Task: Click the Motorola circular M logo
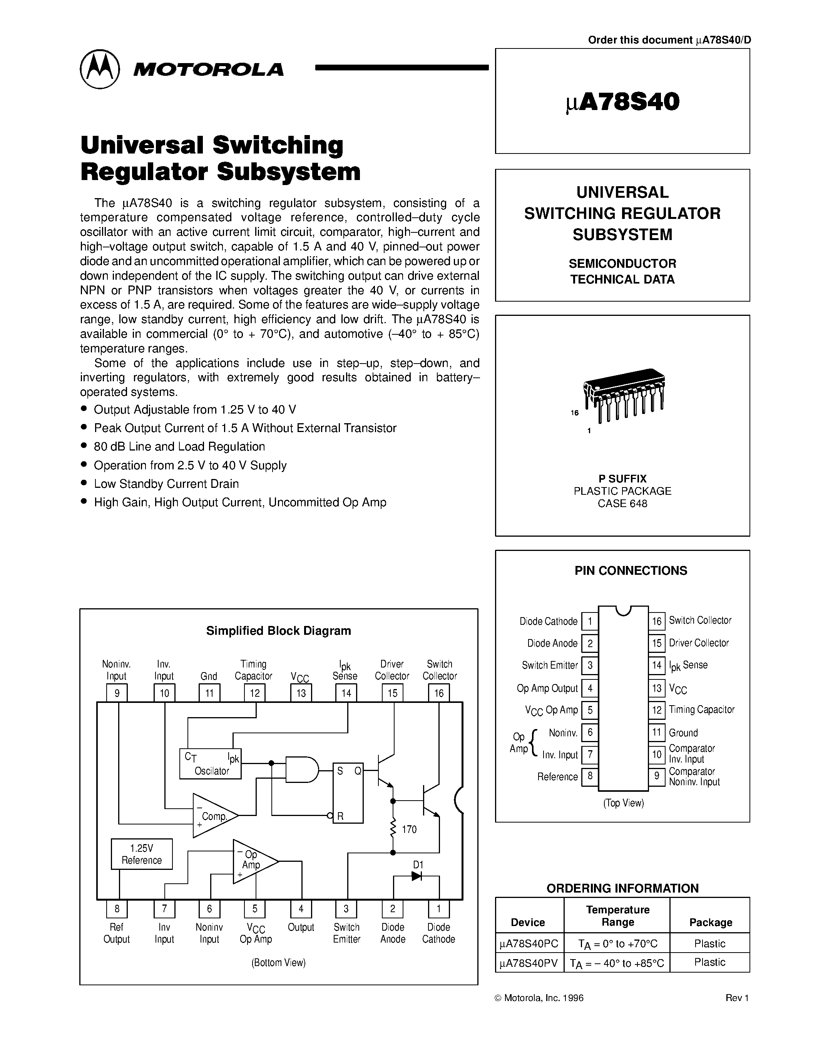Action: [x=99, y=69]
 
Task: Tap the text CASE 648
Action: [x=622, y=503]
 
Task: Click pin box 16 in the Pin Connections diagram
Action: [x=657, y=621]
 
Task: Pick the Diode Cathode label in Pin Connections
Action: [x=548, y=621]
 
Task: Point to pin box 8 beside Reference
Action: [x=590, y=776]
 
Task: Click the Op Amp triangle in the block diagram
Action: [x=252, y=861]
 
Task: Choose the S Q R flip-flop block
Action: [x=348, y=793]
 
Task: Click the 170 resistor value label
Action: [x=409, y=829]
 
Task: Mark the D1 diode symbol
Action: [x=416, y=876]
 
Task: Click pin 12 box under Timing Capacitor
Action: [x=254, y=693]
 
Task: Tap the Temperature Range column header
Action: [x=617, y=916]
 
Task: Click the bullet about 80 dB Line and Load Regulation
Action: [x=179, y=446]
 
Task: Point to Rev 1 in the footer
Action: [x=737, y=998]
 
